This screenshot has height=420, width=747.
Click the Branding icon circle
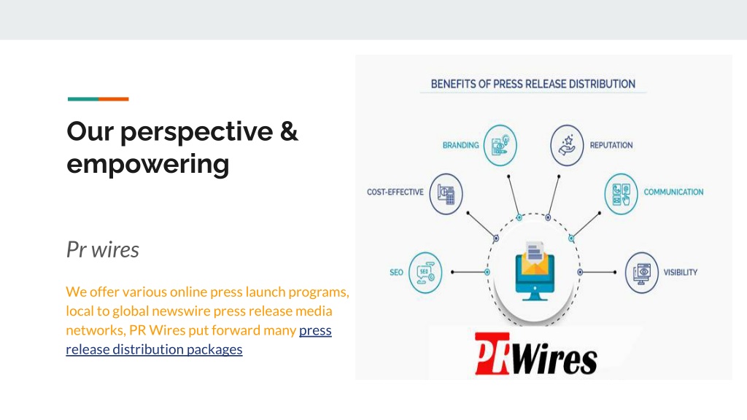coord(500,145)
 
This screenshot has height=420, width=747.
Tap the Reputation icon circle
coord(567,145)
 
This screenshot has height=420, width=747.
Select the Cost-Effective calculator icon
coord(446,194)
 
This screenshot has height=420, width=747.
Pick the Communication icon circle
coord(621,194)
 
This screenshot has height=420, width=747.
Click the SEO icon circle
coord(425,273)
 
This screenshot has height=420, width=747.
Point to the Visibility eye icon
coord(642,273)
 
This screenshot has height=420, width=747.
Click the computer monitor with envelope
coord(535,271)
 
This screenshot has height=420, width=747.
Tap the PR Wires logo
coord(536,354)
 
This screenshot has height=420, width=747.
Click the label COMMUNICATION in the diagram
coord(673,192)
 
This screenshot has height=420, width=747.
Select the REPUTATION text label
coord(611,145)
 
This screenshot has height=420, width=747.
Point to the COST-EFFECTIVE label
coord(395,192)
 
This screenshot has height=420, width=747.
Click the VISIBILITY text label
coord(681,273)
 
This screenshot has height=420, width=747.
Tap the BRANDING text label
coord(461,145)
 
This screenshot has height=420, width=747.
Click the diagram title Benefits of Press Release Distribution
coord(533,85)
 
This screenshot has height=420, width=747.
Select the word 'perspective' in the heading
coord(196,133)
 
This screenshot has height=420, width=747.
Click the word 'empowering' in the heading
coord(147,165)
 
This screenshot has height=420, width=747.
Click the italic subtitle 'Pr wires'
coord(102,249)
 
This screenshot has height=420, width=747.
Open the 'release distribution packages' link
coord(154,349)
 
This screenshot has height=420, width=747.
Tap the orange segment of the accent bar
coord(113,99)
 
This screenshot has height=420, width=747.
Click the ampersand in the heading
coord(289,131)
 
